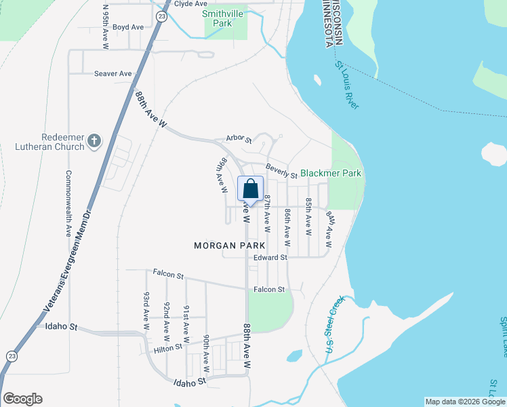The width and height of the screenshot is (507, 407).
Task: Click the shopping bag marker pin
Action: point(250,190)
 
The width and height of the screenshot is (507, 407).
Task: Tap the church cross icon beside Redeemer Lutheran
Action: point(94,142)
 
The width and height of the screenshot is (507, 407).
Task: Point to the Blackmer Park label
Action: point(331,174)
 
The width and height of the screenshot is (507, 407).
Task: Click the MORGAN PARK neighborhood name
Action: point(225,245)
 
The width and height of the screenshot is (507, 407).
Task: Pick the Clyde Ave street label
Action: point(190,3)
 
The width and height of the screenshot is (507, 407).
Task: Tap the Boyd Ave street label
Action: point(128,27)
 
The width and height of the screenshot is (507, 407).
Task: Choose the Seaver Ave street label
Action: point(113,73)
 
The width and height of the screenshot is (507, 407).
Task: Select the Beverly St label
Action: point(281,170)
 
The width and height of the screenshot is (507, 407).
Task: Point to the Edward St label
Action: point(270,258)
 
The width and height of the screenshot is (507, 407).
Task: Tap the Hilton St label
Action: point(168,348)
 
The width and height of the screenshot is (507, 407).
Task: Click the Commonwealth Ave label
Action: point(68,203)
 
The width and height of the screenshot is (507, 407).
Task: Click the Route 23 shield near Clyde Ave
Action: point(161,16)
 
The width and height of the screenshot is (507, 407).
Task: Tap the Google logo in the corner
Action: point(22,399)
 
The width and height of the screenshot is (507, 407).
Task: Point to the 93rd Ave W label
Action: point(146,307)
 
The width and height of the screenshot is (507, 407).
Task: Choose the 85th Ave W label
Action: point(308,217)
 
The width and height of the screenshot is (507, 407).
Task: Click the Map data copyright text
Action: point(465,402)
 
